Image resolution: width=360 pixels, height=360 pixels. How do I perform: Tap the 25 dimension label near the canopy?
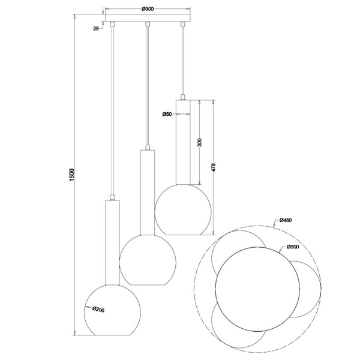(x=97, y=28)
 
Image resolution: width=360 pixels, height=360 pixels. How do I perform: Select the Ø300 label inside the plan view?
(x=292, y=248)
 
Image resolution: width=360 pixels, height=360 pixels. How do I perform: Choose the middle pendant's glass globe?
(x=147, y=260)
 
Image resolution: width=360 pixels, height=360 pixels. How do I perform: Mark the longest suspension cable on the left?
(x=112, y=108)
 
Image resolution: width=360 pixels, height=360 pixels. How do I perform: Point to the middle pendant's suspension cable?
(x=147, y=84)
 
